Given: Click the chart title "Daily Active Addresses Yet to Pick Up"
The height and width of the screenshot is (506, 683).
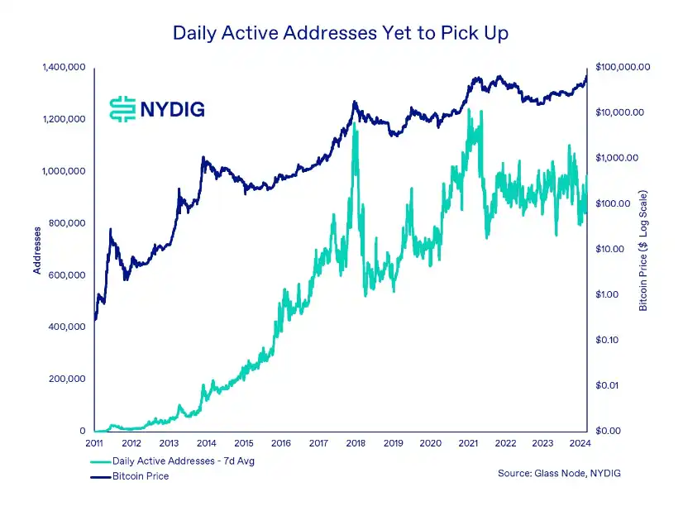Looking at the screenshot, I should [x=341, y=33].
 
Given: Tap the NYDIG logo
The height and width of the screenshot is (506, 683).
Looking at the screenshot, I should [x=156, y=107].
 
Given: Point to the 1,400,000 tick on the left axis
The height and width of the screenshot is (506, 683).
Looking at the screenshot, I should [x=64, y=67].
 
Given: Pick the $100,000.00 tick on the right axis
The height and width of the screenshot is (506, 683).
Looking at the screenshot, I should [x=623, y=66].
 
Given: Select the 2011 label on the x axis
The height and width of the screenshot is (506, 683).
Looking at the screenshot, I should [x=95, y=444].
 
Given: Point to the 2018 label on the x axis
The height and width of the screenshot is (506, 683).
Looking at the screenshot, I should [x=356, y=444].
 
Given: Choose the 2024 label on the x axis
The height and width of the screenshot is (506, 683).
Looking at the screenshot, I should [x=579, y=444].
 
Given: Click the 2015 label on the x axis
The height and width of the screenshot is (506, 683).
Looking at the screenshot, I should [x=244, y=444].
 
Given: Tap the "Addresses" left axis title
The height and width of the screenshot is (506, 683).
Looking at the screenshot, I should [x=37, y=249].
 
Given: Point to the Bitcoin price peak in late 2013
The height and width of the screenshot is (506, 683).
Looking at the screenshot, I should [x=203, y=158].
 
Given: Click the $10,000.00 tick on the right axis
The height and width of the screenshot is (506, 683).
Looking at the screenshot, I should [x=619, y=112].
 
